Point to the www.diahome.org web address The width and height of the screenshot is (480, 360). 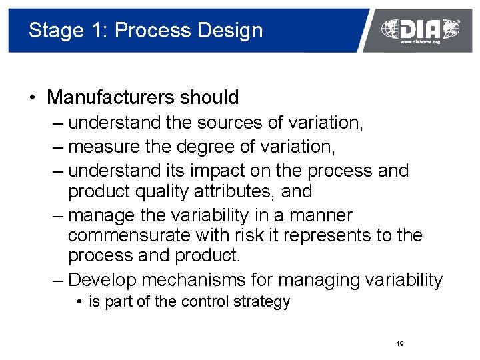(420, 41)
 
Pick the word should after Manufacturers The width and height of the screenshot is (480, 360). (209, 97)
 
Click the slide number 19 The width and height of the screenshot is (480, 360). (400, 344)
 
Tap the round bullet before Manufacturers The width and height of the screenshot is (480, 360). (32, 98)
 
